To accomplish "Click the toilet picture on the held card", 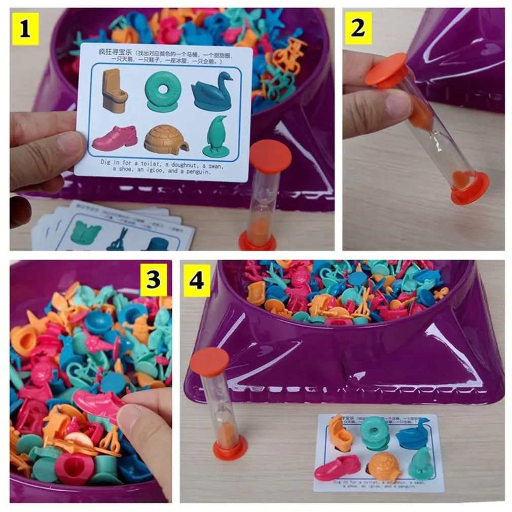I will (x=115, y=90).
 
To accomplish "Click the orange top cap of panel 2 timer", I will (x=387, y=68).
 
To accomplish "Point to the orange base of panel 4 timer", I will (x=230, y=448).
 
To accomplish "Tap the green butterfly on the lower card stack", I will (x=86, y=232).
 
